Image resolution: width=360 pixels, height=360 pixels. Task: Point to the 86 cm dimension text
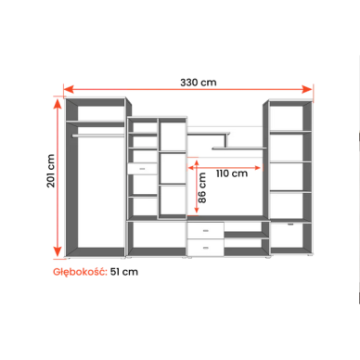[x=200, y=193]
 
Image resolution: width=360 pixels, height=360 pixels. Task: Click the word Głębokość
[x=80, y=273]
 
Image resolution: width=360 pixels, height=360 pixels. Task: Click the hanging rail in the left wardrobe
[x=96, y=134]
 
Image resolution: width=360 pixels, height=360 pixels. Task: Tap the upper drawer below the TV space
[x=206, y=230]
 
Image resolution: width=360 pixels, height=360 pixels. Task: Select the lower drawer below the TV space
[x=206, y=245]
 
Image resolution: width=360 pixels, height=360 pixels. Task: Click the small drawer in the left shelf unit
[x=143, y=168]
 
